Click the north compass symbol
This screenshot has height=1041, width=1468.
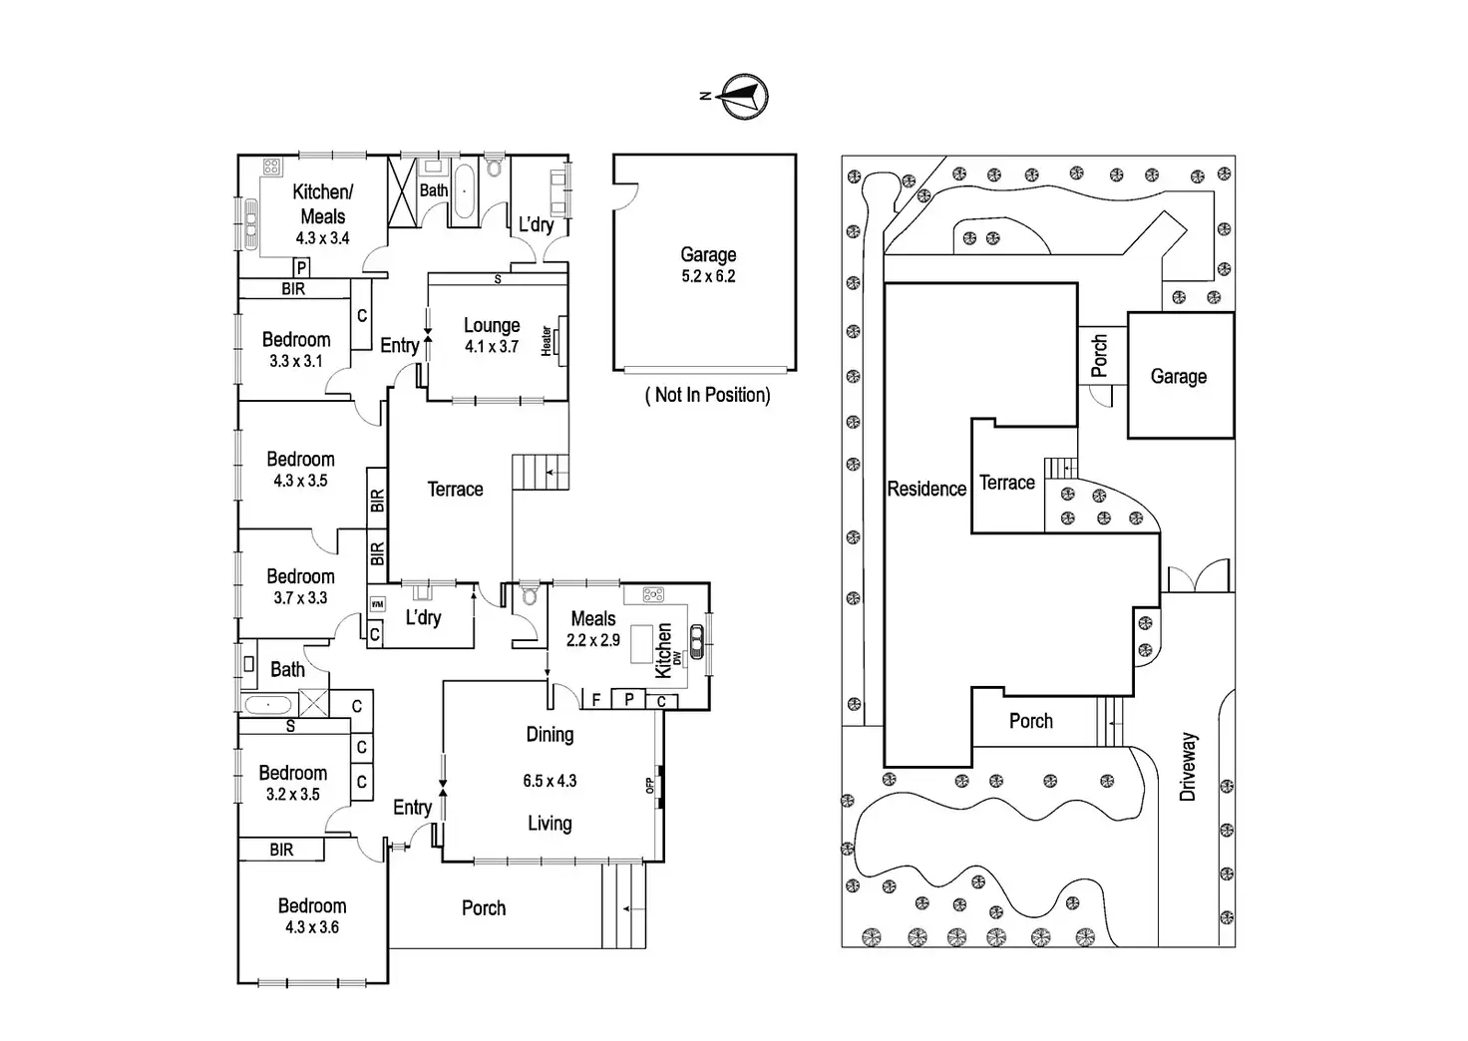click(743, 96)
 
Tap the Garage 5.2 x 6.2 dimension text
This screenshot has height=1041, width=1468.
click(708, 276)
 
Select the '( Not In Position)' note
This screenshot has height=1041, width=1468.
click(708, 395)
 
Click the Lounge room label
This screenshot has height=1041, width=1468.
click(492, 325)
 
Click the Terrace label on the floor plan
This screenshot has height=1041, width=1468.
click(455, 489)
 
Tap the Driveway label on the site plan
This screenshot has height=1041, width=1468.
click(1188, 767)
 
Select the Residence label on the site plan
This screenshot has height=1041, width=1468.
click(926, 489)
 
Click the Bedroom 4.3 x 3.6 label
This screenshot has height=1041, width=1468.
click(312, 915)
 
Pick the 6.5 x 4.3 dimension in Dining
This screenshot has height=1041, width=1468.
click(550, 781)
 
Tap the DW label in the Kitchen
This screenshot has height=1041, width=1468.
click(677, 658)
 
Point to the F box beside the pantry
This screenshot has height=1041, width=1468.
click(596, 700)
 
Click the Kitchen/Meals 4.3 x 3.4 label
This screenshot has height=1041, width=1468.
click(322, 213)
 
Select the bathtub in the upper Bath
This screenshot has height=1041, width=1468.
click(466, 193)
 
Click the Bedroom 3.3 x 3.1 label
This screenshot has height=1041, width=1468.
click(296, 349)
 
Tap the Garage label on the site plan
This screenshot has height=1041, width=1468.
click(1179, 376)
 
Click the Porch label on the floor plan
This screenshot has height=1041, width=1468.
click(484, 907)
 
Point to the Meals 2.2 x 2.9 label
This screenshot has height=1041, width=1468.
click(593, 628)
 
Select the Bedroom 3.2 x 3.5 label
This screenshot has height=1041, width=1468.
click(293, 783)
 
